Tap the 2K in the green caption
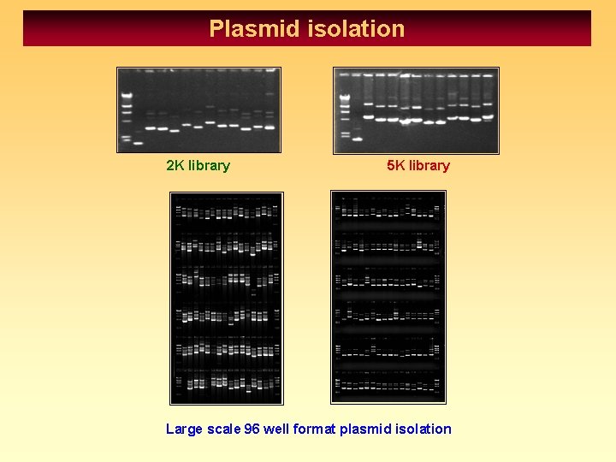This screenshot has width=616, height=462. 175,165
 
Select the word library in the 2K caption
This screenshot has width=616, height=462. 209,165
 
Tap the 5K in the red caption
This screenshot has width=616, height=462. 396,165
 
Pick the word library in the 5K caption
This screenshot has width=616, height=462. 429,165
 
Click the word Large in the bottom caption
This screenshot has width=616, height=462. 184,429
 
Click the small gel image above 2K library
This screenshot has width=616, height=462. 199,110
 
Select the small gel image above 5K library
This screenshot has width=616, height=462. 416,110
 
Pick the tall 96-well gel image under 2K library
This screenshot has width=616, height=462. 226,298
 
